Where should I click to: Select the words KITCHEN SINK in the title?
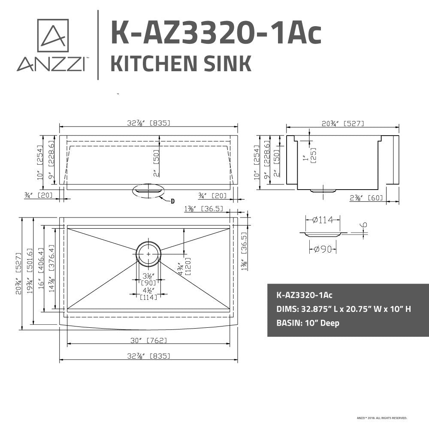[181, 63]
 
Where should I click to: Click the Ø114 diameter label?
[323, 220]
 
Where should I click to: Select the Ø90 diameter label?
[322, 249]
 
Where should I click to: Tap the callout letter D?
[172, 201]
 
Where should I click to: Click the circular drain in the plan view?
[148, 254]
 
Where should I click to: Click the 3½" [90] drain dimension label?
[148, 279]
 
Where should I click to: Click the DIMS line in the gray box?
[344, 309]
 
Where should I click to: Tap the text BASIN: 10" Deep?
[308, 323]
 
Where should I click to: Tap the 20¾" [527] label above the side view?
[343, 123]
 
